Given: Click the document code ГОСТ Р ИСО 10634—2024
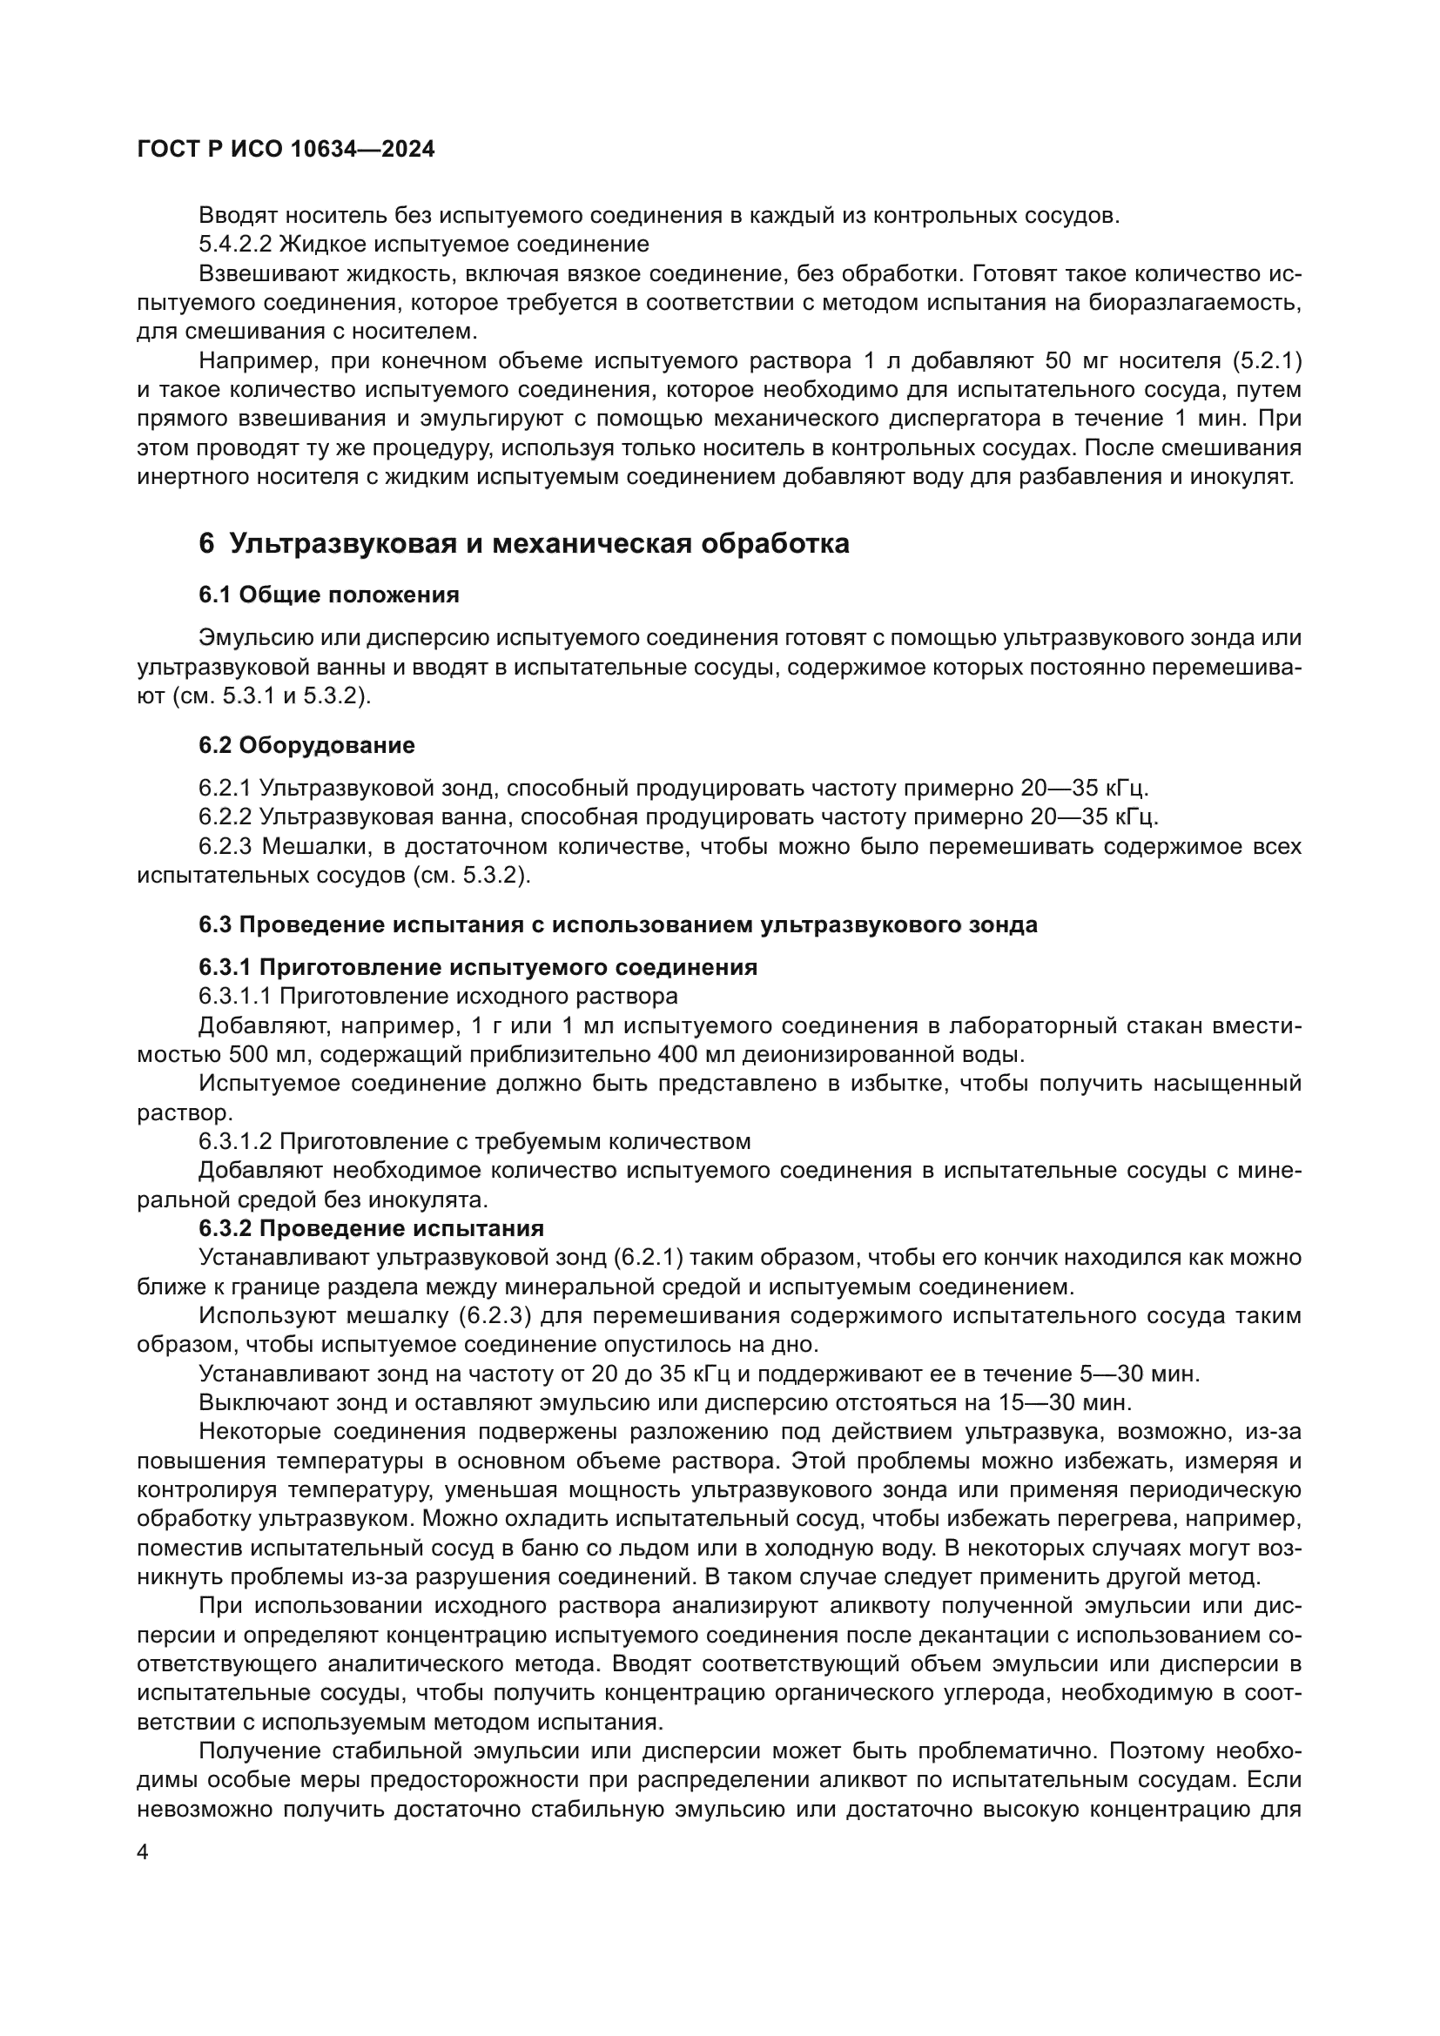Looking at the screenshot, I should click(286, 149).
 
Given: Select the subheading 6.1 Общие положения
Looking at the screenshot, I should click(328, 595).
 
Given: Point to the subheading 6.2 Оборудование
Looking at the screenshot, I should click(306, 745).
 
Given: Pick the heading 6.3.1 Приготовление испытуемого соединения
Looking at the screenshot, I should click(477, 966).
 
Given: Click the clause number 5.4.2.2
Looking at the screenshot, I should click(234, 244).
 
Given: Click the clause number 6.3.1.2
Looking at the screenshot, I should click(234, 1141).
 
